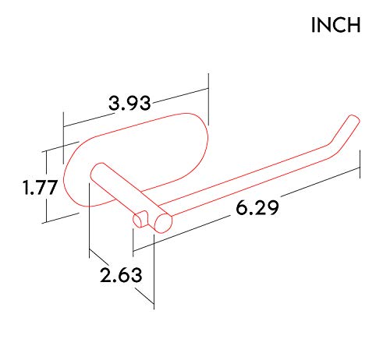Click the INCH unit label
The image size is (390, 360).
[x=336, y=25]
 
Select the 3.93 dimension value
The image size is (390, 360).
[x=129, y=102]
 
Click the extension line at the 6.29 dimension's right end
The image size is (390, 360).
[x=360, y=161]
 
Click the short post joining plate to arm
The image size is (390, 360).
[x=117, y=191]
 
